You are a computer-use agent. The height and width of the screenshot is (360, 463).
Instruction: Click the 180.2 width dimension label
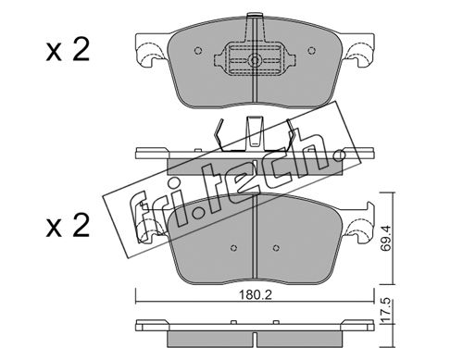255,295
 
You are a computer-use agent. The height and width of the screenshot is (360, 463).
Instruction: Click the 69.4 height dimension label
386,238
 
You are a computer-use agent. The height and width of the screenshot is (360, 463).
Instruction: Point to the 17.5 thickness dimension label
386,311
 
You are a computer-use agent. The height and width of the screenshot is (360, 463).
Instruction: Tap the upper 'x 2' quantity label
68,50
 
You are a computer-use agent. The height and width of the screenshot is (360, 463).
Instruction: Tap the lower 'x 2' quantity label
68,226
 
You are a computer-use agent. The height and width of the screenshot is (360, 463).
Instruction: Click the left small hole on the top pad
198,50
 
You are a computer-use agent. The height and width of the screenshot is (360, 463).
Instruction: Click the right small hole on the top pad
312,50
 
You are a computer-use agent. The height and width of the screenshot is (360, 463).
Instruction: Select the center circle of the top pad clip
255,60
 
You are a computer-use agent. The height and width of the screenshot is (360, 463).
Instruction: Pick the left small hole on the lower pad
233,248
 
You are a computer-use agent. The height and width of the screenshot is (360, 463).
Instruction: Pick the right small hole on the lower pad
276,247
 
